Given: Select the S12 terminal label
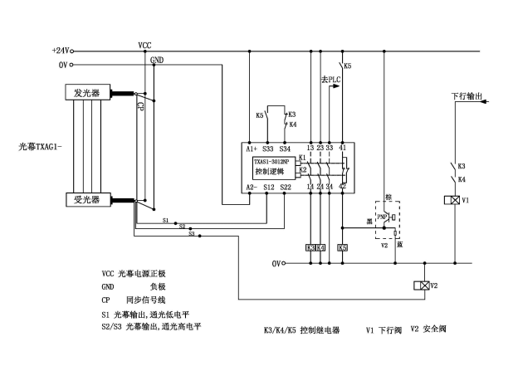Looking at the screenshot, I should (267, 188).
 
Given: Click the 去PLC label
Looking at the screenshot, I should (331, 80).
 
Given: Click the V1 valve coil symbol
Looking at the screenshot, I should (453, 202).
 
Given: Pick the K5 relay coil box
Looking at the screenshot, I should (342, 247).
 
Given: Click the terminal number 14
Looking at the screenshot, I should (310, 188).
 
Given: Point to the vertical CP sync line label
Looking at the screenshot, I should (140, 105).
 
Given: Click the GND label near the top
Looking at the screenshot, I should (157, 60).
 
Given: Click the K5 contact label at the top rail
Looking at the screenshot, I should (347, 66).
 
